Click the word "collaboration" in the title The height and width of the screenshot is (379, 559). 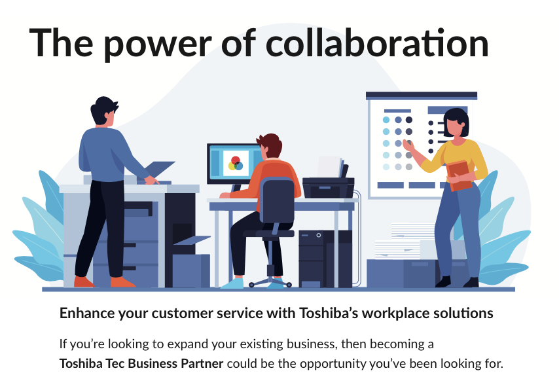tap(377, 43)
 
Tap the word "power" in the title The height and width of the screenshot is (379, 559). tap(158, 46)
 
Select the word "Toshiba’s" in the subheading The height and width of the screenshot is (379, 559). tap(329, 313)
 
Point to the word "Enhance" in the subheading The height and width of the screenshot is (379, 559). tap(87, 313)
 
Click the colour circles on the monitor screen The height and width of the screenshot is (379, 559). tap(236, 164)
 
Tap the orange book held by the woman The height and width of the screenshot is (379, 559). tap(459, 175)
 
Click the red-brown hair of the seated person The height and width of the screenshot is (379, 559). tap(270, 145)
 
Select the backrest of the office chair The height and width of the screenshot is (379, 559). tap(277, 200)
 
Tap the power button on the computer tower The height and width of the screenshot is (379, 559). tap(318, 235)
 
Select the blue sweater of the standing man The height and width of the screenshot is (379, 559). tap(107, 154)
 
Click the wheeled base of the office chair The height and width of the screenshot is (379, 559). tap(270, 280)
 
